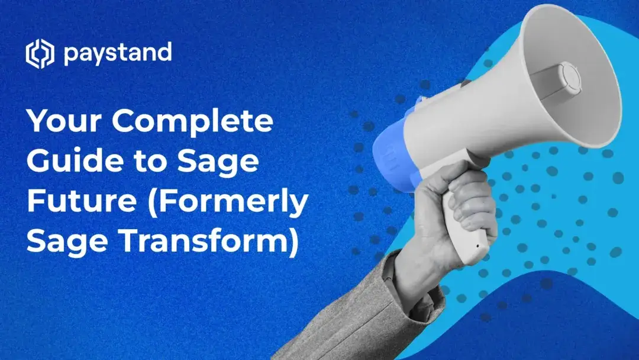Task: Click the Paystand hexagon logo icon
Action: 40,54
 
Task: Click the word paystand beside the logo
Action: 117,54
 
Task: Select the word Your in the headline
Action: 63,122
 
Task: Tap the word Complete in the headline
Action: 193,122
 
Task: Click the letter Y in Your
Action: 37,122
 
